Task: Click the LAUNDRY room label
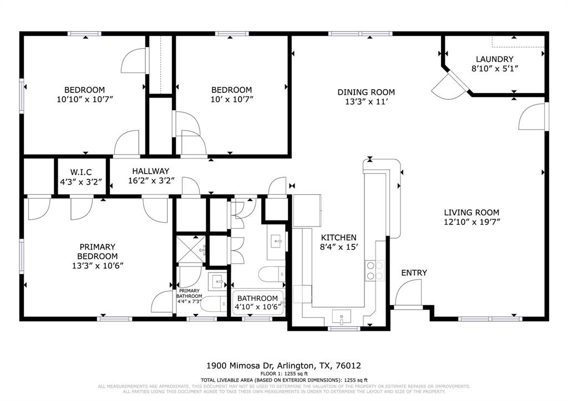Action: (x=494, y=59)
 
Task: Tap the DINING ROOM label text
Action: (x=366, y=92)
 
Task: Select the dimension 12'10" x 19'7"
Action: (x=471, y=222)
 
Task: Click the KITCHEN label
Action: (x=338, y=237)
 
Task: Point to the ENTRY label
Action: (x=414, y=273)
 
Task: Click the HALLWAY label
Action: (x=150, y=171)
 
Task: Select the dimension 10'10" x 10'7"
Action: (x=84, y=100)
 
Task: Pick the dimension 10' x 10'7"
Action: (x=231, y=100)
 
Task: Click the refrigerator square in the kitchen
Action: (x=307, y=210)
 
